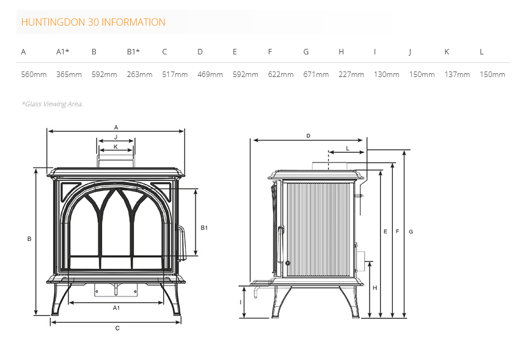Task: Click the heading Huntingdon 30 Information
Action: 93,22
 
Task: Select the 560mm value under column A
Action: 34,75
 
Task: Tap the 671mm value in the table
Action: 316,75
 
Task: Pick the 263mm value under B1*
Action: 139,75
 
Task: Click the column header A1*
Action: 63,52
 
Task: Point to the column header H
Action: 341,52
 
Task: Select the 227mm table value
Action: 351,75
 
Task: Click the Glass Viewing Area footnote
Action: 53,104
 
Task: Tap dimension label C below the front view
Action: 117,328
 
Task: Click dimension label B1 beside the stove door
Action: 204,228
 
